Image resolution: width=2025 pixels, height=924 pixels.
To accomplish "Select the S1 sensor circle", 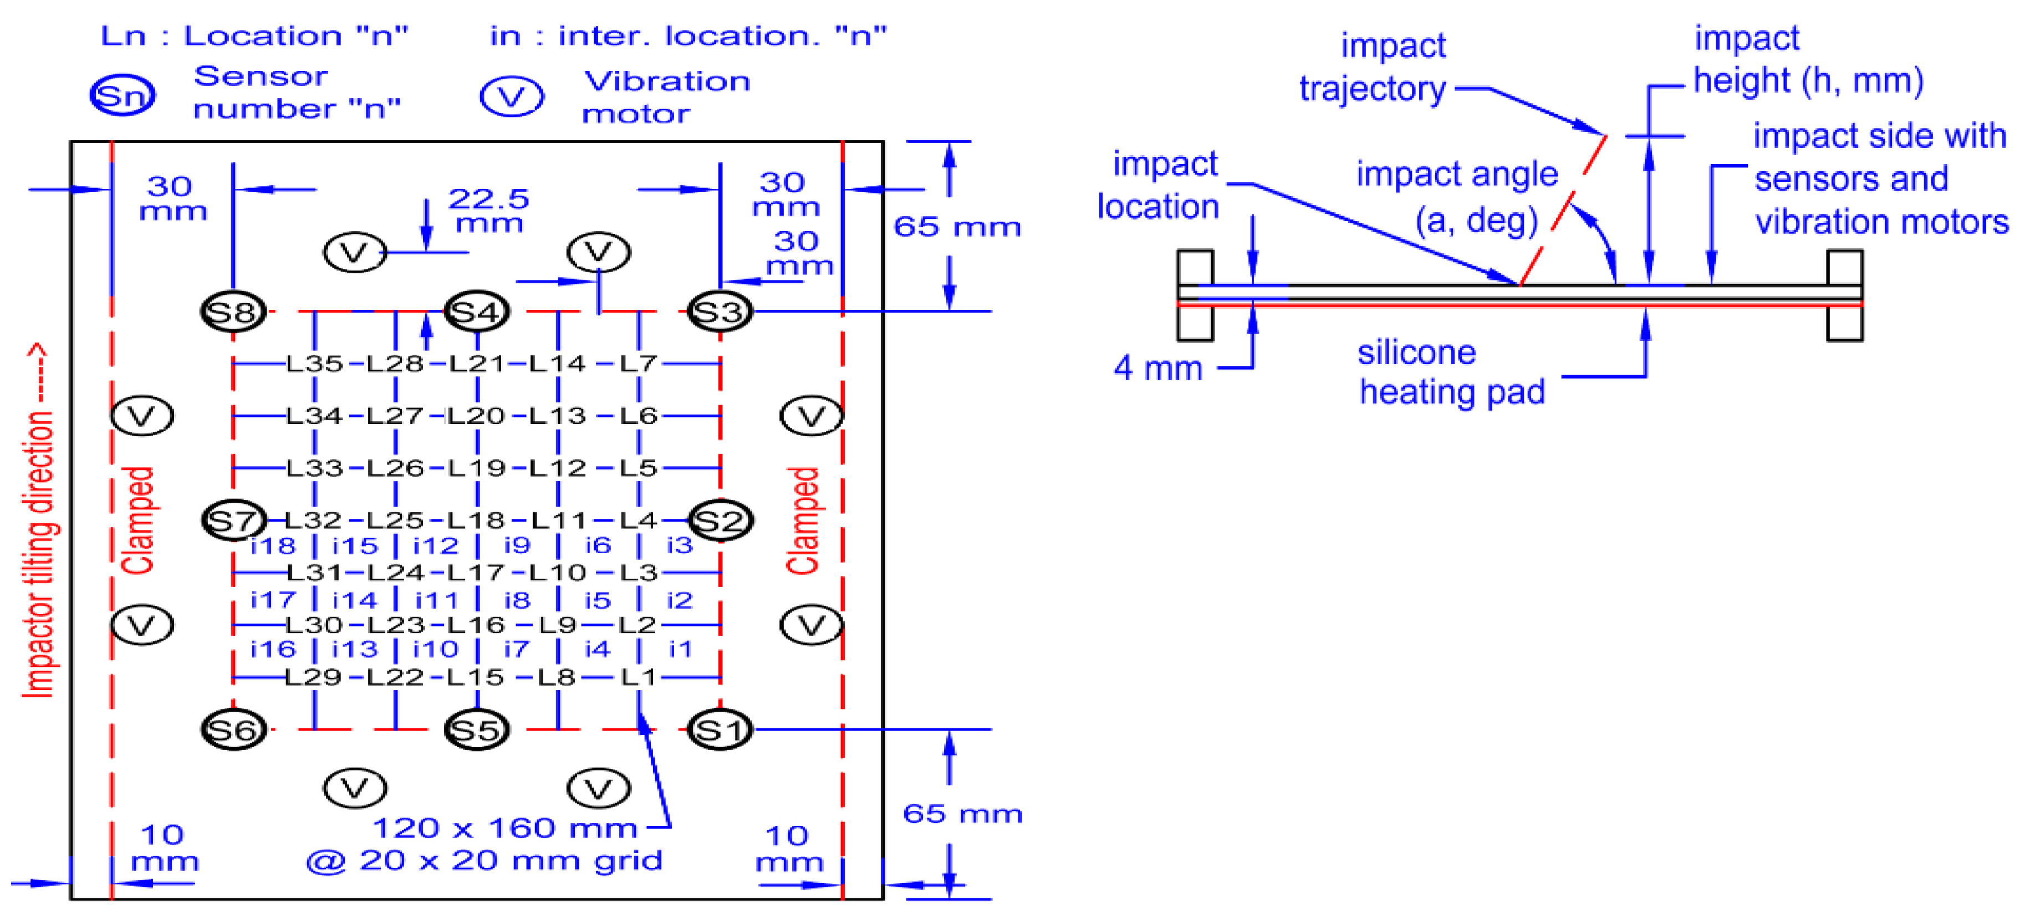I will (720, 731).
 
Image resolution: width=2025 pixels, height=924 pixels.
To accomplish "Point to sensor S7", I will (233, 520).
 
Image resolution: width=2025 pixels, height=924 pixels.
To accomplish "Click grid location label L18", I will (477, 520).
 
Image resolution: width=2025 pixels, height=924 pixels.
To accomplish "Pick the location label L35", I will (314, 364).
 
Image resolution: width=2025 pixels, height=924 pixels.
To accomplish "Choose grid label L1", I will (638, 676).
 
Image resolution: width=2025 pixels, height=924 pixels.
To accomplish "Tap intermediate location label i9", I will (517, 545).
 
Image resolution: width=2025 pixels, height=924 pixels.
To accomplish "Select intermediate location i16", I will (273, 650).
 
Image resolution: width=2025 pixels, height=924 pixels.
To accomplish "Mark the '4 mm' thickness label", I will (1158, 367).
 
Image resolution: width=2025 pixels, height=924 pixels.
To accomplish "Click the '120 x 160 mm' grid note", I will (504, 828).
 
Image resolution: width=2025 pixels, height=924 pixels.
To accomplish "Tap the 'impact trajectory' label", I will (1373, 67).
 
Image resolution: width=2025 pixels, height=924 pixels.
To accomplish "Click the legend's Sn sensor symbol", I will (122, 96).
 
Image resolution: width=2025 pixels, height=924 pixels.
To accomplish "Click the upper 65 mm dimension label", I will (957, 227).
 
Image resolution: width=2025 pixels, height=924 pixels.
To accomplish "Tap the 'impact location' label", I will (1159, 186).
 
